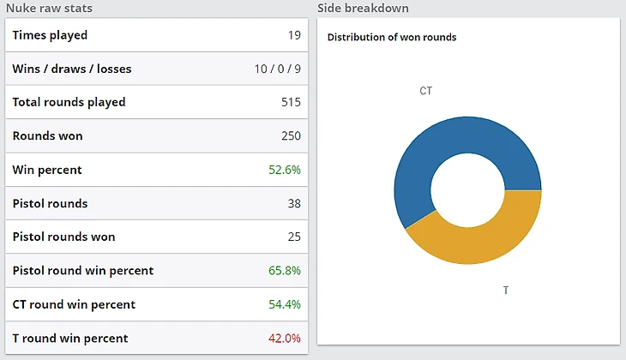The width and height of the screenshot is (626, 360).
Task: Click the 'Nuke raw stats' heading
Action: (x=49, y=9)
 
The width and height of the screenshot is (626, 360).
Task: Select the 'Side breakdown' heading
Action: (x=363, y=9)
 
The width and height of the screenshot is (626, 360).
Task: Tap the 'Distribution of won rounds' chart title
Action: (x=392, y=38)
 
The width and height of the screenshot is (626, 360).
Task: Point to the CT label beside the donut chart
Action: (x=425, y=90)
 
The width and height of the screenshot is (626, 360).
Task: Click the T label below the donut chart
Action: (x=506, y=291)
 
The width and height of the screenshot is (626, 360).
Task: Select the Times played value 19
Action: (x=293, y=35)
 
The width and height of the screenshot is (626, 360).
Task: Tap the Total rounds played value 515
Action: (x=291, y=103)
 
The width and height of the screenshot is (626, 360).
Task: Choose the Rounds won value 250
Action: (x=291, y=136)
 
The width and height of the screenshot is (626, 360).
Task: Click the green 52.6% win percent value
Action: (x=285, y=170)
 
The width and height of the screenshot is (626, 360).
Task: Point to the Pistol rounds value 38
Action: (x=292, y=204)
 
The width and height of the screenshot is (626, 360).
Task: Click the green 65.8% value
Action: (x=285, y=271)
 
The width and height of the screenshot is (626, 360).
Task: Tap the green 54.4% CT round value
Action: (x=285, y=305)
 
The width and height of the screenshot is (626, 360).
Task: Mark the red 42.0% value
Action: (x=285, y=339)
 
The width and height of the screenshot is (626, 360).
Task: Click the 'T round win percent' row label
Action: (x=70, y=339)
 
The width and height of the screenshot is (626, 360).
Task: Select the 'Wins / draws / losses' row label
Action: (x=72, y=69)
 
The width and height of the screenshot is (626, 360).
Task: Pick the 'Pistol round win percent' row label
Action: (x=83, y=271)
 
